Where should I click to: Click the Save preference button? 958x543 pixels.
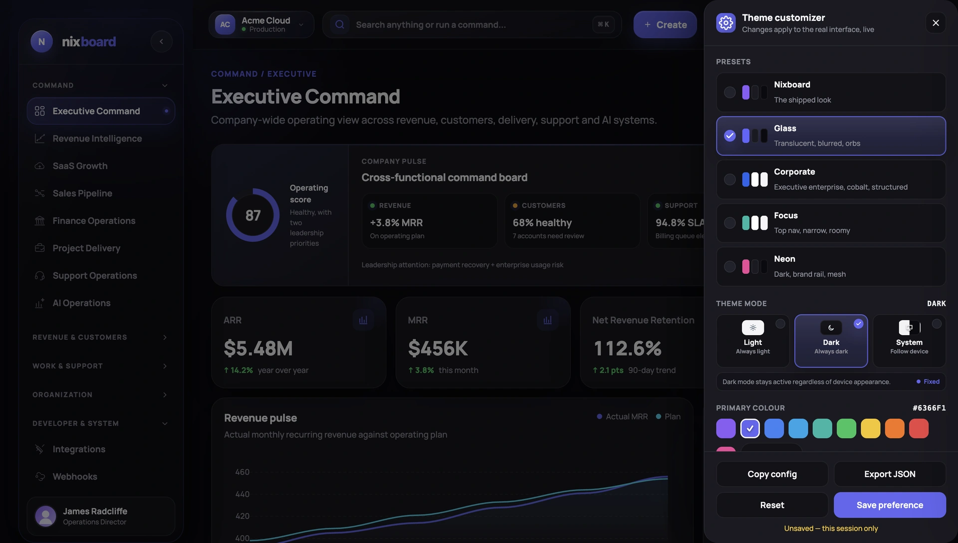[890, 505]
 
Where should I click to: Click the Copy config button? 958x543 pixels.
[772, 474]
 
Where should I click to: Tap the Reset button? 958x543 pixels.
[772, 505]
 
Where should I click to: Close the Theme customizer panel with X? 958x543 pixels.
[936, 23]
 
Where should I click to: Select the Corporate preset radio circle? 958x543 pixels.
[729, 179]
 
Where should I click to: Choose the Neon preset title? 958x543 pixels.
[784, 259]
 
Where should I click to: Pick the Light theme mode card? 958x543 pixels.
[753, 341]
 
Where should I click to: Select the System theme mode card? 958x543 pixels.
[909, 341]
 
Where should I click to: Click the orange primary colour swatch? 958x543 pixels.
[895, 429]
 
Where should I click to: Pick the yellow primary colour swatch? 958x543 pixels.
[871, 429]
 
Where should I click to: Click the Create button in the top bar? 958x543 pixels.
[665, 24]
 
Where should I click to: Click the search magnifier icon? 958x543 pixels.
[340, 24]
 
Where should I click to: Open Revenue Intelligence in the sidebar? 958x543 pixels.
[97, 138]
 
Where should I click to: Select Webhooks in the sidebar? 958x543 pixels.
[75, 477]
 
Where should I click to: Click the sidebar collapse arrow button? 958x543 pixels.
[161, 41]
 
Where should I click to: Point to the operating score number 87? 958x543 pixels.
[253, 215]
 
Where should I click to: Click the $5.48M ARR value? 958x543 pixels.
[258, 348]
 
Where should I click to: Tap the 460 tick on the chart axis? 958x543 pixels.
[242, 472]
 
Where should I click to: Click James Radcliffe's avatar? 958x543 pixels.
[45, 516]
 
